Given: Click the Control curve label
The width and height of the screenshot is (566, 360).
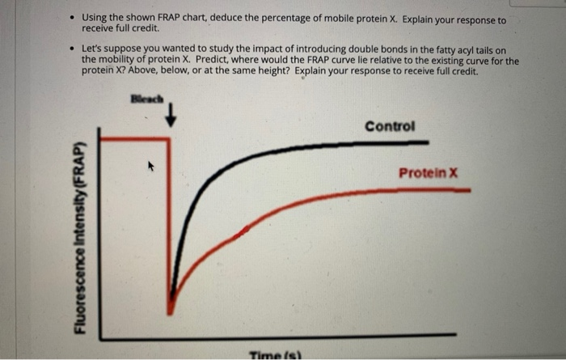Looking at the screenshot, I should click(390, 126).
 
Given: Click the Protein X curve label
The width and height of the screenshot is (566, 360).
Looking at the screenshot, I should click(428, 173).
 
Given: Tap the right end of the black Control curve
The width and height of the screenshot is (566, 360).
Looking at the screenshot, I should click(427, 142).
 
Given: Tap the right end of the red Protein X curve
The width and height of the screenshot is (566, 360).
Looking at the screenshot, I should click(469, 190).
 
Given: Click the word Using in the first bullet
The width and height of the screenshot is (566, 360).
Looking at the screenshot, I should click(95, 19).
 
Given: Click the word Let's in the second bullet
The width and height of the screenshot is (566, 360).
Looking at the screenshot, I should click(94, 50).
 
